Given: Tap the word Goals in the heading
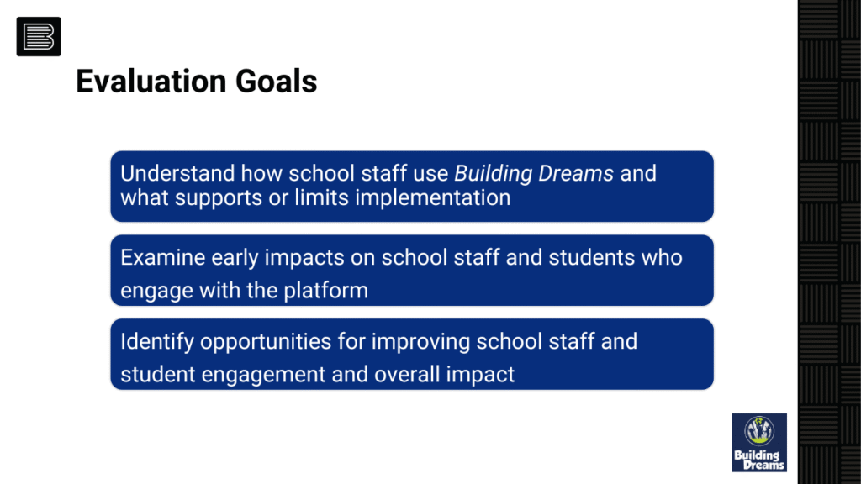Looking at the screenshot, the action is [276, 82].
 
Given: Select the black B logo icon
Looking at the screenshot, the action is [39, 37].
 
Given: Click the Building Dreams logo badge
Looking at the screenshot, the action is [759, 442].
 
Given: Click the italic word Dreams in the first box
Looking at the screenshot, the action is [575, 173].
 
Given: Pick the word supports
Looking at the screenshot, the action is [218, 198].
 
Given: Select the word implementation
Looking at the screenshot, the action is [433, 198].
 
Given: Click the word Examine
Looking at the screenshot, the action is [162, 257].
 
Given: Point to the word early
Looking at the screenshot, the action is [235, 258].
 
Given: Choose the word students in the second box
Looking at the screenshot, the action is [591, 257].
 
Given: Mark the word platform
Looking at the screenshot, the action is [325, 291].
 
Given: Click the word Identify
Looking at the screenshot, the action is [157, 342].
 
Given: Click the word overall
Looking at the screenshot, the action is [407, 374].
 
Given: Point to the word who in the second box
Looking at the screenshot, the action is [662, 257].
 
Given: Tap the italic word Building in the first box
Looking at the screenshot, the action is [493, 173].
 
